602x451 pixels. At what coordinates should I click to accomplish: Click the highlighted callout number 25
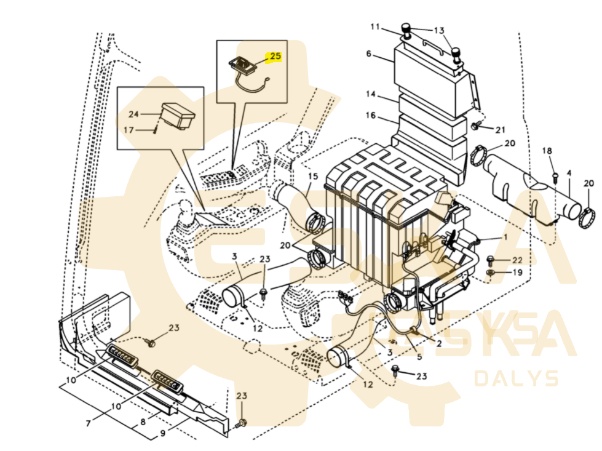pos(275,56)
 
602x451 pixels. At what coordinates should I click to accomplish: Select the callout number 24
pos(133,114)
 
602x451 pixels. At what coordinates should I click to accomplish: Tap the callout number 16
pos(371,115)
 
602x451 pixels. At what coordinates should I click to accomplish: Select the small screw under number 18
pos(555,177)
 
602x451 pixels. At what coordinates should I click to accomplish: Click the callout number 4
pos(569,174)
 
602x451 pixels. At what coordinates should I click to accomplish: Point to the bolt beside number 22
pos(490,260)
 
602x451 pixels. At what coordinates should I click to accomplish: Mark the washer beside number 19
pos(491,273)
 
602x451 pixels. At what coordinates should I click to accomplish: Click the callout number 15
pos(313,177)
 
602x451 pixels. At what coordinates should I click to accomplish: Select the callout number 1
pos(505,237)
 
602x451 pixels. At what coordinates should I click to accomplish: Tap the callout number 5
pos(419,356)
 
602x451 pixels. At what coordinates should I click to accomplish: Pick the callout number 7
pos(89,423)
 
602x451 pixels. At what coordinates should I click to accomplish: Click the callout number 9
pos(163,433)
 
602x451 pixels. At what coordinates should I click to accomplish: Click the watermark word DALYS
pos(517,378)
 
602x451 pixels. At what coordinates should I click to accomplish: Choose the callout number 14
pos(371,94)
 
